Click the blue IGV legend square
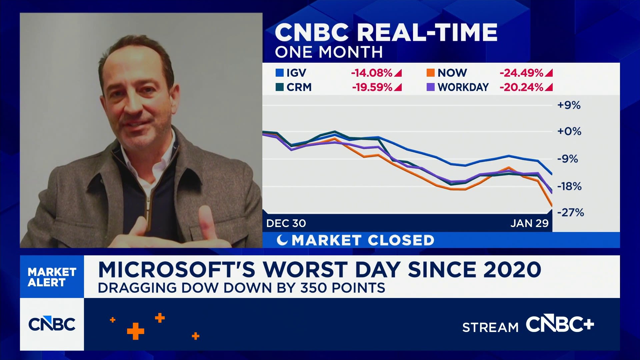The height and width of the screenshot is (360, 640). [x=279, y=73]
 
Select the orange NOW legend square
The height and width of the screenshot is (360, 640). [x=430, y=73]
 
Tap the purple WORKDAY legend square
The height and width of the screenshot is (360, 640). [x=430, y=87]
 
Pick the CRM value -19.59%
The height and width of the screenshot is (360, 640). [x=372, y=87]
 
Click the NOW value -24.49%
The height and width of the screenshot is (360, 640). [x=521, y=73]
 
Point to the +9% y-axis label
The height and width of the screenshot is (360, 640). [x=569, y=105]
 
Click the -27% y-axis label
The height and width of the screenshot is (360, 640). [x=570, y=212]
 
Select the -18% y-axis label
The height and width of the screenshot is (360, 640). [x=569, y=186]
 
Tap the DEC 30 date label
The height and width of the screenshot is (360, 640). [x=286, y=223]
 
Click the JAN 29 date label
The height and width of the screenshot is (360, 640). [x=529, y=223]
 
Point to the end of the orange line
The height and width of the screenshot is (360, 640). [x=552, y=205]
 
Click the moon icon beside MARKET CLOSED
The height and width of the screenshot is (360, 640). [x=282, y=240]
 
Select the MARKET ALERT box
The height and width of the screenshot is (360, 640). [x=52, y=277]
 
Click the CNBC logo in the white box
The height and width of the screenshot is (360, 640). [x=52, y=324]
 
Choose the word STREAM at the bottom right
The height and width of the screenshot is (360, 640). [x=490, y=327]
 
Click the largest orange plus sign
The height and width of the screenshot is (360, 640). [x=136, y=331]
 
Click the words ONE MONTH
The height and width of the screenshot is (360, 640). [x=328, y=52]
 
